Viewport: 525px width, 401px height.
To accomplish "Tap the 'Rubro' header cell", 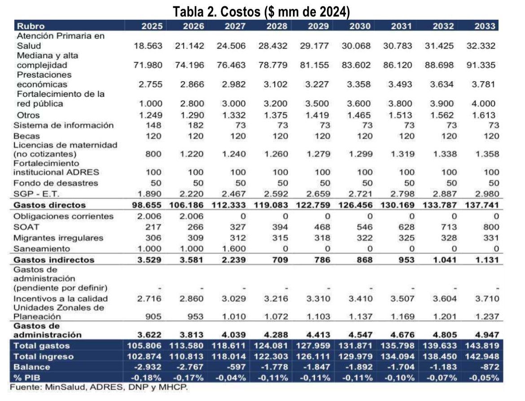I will pyautogui.click(x=29, y=26).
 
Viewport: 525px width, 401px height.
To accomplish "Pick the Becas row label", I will pyautogui.click(x=26, y=136).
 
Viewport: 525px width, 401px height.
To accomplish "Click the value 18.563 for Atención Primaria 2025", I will pyautogui.click(x=148, y=46).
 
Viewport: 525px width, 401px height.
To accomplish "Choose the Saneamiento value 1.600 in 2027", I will pyautogui.click(x=235, y=249).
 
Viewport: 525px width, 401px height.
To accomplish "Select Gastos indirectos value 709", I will pyautogui.click(x=280, y=260).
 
